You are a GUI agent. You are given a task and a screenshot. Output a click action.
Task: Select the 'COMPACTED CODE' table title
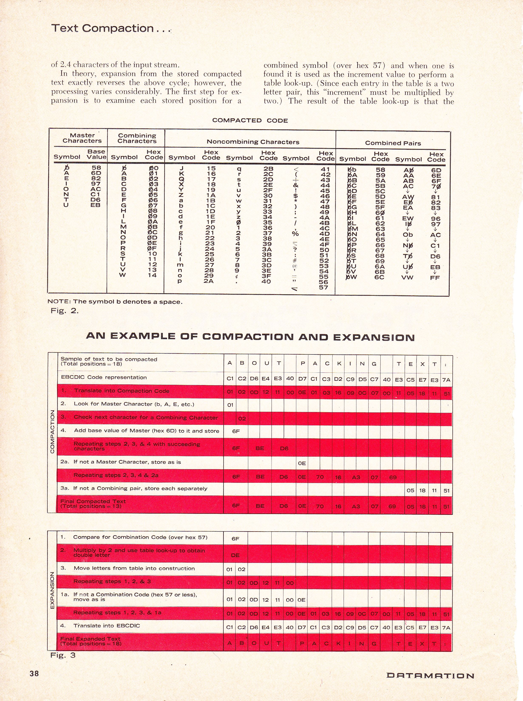250,120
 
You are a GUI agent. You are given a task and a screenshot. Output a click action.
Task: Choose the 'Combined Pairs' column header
393,143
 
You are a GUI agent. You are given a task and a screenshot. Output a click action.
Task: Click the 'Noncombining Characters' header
253,142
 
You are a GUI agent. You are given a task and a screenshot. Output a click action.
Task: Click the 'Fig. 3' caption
63,655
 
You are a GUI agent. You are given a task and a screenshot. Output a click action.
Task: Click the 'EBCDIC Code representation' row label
103,378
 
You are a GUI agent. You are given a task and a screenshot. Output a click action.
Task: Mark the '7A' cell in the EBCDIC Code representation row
446,380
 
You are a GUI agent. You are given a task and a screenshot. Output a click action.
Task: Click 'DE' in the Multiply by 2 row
235,555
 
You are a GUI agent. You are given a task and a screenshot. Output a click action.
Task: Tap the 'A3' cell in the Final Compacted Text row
356,506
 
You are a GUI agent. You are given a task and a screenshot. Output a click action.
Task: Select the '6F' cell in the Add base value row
236,431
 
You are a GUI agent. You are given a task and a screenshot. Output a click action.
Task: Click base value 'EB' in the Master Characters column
95,205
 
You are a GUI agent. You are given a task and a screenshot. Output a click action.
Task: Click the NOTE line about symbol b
115,302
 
